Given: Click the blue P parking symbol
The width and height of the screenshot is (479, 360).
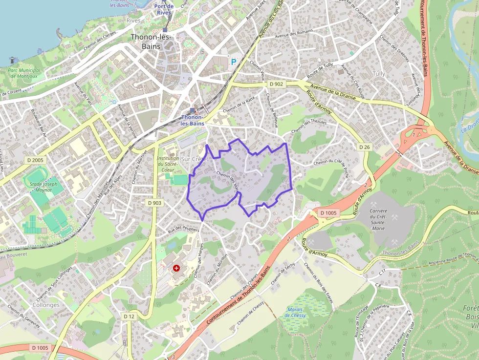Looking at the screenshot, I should tap(233, 62).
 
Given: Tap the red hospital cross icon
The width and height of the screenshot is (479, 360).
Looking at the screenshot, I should tap(176, 268).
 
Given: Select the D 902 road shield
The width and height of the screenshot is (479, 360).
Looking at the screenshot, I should tap(276, 84).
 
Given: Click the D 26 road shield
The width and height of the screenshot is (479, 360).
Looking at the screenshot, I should tap(364, 147).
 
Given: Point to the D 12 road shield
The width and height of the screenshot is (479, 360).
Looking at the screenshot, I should tap(129, 317).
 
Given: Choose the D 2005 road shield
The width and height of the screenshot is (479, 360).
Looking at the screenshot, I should tap(35, 160).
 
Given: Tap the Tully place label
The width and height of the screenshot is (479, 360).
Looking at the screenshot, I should tap(379, 73).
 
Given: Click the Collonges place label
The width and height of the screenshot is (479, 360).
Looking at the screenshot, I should tap(46, 305).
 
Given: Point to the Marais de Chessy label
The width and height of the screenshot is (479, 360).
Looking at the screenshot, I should tap(295, 313).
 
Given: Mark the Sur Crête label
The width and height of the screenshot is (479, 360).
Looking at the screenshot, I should tap(194, 159).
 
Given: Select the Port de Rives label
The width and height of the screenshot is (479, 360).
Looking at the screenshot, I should tap(164, 9).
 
